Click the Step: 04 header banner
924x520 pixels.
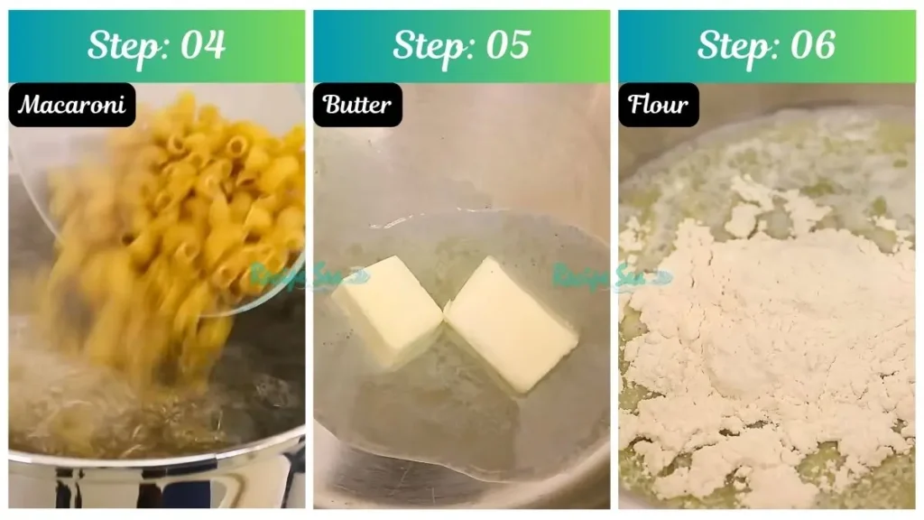click(156, 46)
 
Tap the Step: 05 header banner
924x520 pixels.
click(461, 46)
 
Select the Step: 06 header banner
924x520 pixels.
click(766, 46)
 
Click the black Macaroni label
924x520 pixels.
click(72, 105)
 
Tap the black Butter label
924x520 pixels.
click(357, 105)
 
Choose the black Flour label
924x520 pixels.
click(659, 105)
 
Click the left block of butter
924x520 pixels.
click(387, 310)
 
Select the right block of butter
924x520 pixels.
click(510, 323)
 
